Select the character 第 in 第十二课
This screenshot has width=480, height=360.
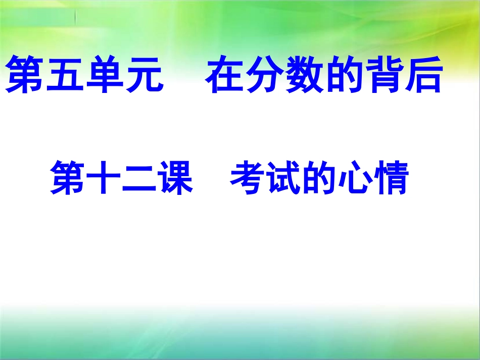point(68,177)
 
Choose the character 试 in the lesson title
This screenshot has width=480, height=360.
point(284,177)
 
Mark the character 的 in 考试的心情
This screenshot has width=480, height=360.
point(319,177)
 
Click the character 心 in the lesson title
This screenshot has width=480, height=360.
point(355,177)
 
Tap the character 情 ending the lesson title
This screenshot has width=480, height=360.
point(391,177)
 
